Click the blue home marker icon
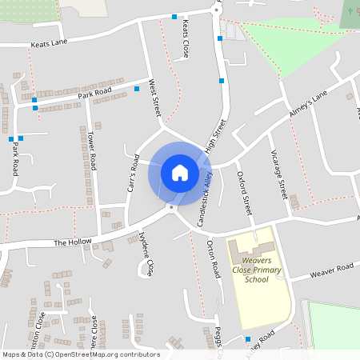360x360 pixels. point(179,173)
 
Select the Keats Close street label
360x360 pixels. point(186,39)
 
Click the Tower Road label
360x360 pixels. point(92,150)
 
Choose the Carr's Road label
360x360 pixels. point(134,171)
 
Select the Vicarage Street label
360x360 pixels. point(278,174)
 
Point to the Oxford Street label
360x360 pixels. point(245,193)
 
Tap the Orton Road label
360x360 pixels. point(213,259)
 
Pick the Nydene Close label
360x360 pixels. point(145,254)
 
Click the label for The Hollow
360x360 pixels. point(73,242)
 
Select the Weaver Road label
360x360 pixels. point(333,270)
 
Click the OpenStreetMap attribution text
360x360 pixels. point(81,354)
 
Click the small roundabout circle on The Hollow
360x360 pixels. point(170,207)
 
